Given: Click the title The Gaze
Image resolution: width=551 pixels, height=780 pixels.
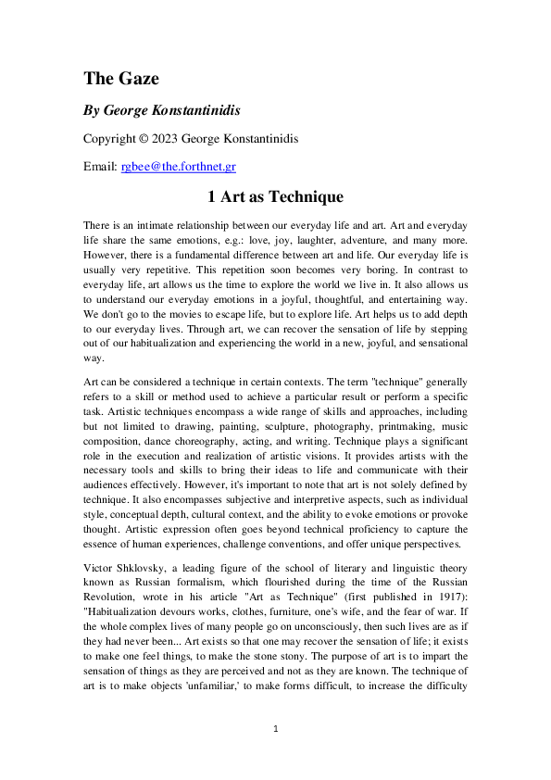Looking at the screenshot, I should click(x=120, y=78).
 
